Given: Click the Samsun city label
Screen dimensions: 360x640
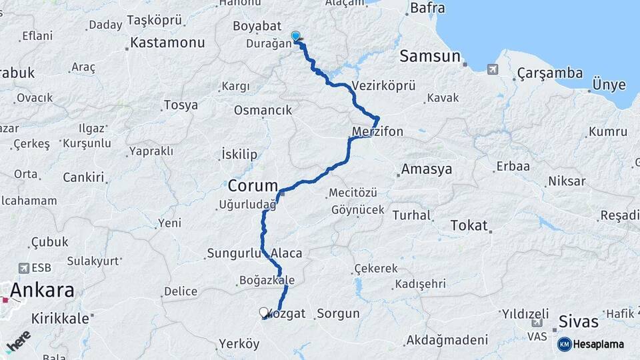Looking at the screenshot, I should [430, 57].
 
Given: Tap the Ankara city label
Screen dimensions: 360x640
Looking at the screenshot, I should [41, 290].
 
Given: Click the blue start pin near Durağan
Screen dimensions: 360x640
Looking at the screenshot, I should [295, 36].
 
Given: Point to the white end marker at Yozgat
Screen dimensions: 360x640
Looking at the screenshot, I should [264, 312].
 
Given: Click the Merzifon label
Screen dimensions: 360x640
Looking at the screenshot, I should [377, 132].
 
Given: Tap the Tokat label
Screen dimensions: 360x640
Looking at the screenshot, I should [469, 225].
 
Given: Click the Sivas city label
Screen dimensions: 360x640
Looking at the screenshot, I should [579, 321].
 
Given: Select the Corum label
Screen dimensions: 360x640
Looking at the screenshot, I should [253, 185].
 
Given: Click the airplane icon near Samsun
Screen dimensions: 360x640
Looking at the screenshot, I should [492, 68].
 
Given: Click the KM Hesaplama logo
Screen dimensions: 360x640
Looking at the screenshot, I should [591, 344].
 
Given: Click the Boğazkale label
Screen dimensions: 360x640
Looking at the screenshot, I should [266, 281].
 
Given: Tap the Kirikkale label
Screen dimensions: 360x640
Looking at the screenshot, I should [60, 319].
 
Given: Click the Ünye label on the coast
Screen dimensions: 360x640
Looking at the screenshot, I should [609, 85].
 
